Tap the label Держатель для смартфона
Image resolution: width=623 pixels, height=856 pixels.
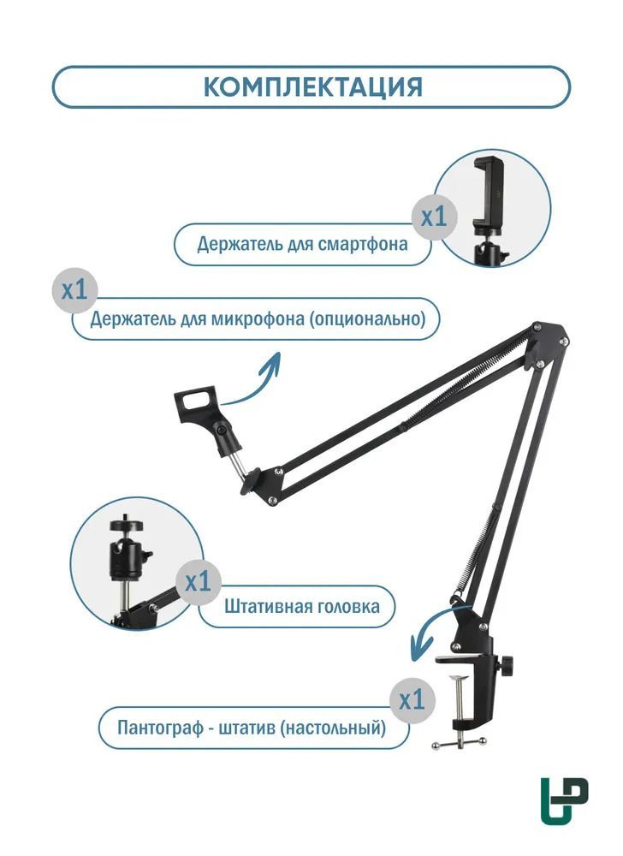[x=302, y=245]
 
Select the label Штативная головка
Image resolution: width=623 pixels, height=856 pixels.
[x=302, y=607]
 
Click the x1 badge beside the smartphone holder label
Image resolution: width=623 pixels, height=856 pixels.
[x=435, y=217]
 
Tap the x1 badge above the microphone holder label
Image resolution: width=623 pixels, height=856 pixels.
[x=74, y=290]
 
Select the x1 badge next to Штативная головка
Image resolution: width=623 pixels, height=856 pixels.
[x=198, y=583]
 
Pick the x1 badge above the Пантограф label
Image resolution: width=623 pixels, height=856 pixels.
[x=412, y=700]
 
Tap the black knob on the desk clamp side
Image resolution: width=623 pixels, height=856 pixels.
[x=509, y=663]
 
